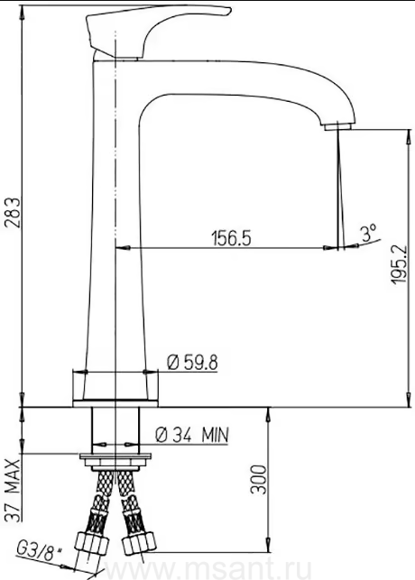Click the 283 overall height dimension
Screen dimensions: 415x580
click(14, 213)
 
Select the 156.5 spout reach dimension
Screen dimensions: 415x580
click(231, 238)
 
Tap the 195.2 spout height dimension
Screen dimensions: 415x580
click(399, 264)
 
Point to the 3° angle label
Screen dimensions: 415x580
click(368, 233)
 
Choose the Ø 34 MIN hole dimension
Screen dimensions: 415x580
click(192, 435)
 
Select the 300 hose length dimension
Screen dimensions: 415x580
click(259, 479)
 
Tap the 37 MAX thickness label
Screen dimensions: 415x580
click(14, 491)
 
